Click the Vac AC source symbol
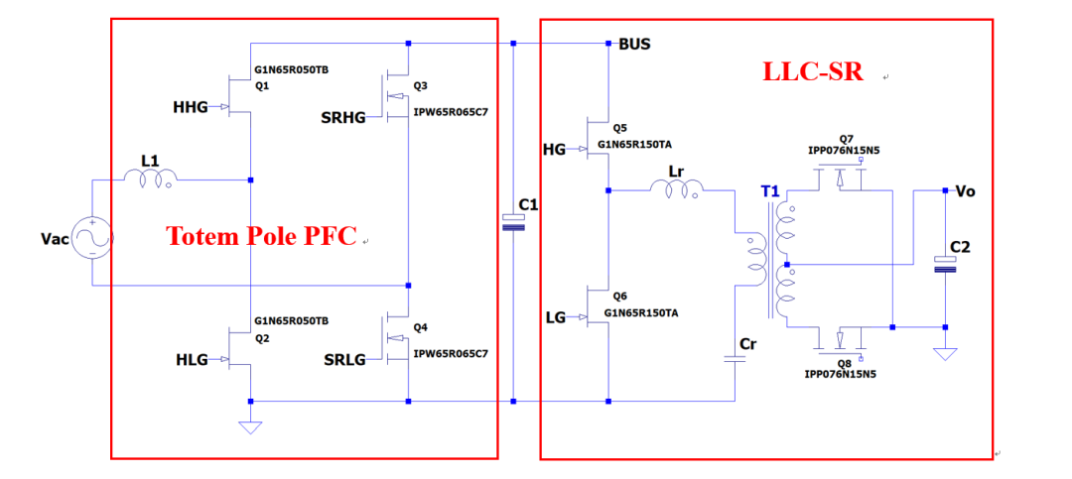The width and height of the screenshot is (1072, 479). [x=91, y=238]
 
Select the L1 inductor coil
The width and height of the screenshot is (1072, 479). [x=150, y=179]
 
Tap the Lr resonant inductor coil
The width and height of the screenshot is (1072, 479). [x=676, y=187]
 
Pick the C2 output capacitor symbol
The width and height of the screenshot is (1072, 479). [x=945, y=265]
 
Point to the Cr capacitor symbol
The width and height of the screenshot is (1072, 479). [x=735, y=360]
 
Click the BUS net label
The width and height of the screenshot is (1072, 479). [x=634, y=45]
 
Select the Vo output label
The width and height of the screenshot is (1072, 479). [x=966, y=191]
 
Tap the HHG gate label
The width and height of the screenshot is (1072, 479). [x=191, y=106]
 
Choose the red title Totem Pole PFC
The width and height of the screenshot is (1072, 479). [x=262, y=236]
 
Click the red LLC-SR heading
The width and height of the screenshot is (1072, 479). [x=812, y=72]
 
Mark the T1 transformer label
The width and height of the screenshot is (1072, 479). [x=770, y=191]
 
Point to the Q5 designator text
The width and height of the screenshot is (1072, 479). [x=619, y=128]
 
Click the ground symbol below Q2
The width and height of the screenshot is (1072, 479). [x=251, y=427]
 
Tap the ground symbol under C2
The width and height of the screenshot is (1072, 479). [x=945, y=354]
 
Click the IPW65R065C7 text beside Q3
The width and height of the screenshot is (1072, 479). [x=452, y=112]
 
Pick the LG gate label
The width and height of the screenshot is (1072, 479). [x=556, y=317]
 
